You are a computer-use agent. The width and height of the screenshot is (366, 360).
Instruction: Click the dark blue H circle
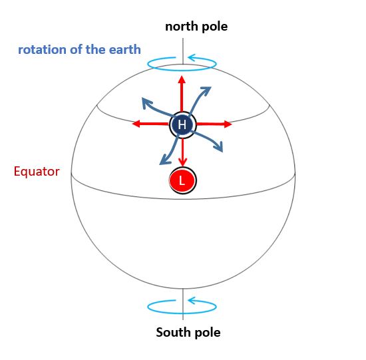(183, 124)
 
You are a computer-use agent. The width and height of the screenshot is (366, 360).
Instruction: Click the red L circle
(183, 180)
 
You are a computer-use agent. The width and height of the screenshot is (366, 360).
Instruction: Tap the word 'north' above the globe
(181, 27)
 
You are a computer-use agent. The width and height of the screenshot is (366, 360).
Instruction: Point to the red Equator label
(37, 172)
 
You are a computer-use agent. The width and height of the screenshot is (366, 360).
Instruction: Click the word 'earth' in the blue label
(125, 49)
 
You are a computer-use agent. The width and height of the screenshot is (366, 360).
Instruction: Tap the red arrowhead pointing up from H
(182, 79)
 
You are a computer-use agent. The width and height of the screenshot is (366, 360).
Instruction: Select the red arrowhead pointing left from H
(136, 124)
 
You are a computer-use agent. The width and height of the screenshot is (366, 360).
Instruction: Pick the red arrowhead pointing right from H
(228, 124)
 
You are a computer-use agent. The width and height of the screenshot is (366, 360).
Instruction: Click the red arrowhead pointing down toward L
(182, 162)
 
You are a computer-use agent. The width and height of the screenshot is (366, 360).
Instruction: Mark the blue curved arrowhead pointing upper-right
(206, 91)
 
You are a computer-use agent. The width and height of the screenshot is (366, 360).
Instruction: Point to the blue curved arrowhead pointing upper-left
(147, 103)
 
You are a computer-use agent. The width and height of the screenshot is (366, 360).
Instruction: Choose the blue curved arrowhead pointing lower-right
(219, 146)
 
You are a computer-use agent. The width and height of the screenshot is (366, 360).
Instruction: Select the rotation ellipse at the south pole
(182, 313)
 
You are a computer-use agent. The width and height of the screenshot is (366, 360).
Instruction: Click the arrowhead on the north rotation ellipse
(192, 57)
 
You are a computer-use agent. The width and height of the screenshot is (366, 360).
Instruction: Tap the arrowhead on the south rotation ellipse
(192, 300)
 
